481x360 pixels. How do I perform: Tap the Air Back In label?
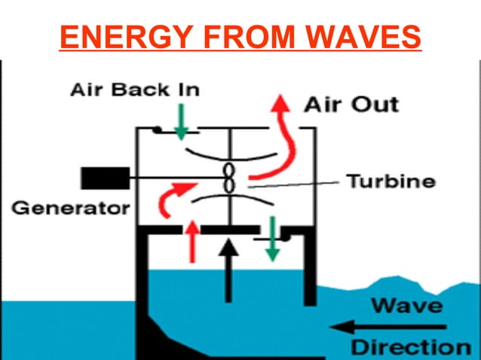point(135,90)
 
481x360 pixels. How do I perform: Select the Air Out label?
point(351,104)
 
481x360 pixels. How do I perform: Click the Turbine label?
point(391,182)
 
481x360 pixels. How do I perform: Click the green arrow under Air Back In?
point(181,122)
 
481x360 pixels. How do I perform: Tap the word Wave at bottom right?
point(408,306)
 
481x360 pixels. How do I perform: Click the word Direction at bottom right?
point(411,347)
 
